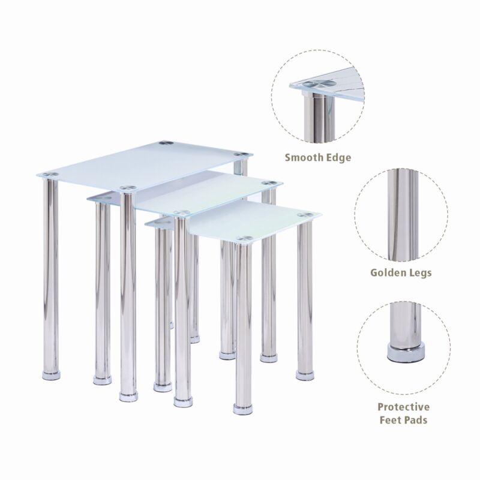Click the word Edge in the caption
[x=337, y=158]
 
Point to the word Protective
[x=403, y=407]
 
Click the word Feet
[x=392, y=420]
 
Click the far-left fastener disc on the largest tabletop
[x=50, y=175]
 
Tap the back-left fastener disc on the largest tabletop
[x=166, y=143]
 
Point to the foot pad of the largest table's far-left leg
[x=52, y=376]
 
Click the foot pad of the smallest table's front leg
[x=243, y=409]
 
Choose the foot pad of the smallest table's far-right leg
[x=305, y=375]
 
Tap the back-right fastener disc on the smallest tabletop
[x=305, y=215]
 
